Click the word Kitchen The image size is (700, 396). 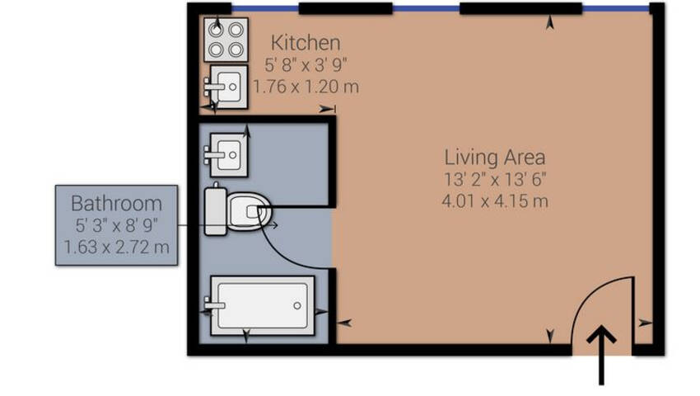(x=306, y=43)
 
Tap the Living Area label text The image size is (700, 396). (x=495, y=157)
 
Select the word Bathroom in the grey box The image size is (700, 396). (x=116, y=204)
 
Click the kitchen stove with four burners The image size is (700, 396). (x=226, y=40)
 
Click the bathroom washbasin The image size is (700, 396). (x=229, y=155)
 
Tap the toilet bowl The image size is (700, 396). (x=249, y=212)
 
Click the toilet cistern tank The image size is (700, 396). (x=216, y=211)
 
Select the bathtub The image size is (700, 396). (x=263, y=305)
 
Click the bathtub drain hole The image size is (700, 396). (x=296, y=305)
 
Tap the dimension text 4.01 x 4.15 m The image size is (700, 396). (x=495, y=201)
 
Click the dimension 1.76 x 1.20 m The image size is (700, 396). (x=306, y=87)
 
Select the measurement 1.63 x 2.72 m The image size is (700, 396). (x=116, y=247)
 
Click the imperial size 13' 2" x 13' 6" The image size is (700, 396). (x=495, y=179)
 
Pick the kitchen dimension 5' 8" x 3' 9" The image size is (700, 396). (x=306, y=65)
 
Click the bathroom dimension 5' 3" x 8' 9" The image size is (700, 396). (x=116, y=225)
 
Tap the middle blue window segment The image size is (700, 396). (x=427, y=8)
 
